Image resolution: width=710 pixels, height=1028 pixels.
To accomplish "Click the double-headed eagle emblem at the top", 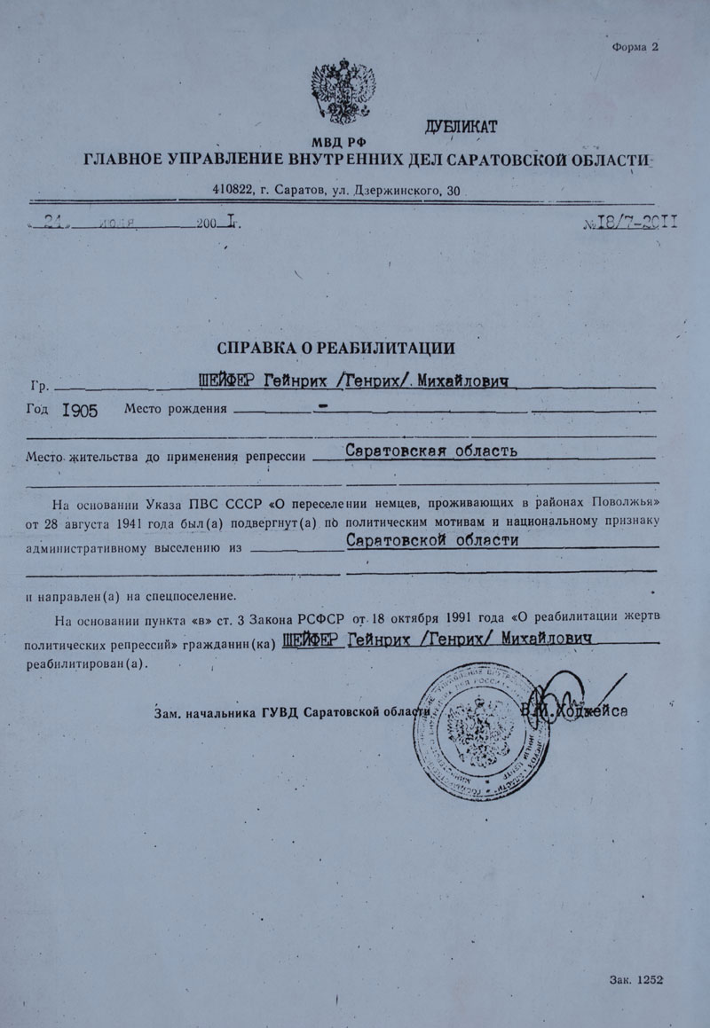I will (337, 91).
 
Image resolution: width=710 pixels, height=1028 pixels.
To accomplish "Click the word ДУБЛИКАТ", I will (462, 126).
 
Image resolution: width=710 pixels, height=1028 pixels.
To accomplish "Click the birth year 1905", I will (81, 410).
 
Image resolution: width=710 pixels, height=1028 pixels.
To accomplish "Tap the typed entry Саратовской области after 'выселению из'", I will (432, 541).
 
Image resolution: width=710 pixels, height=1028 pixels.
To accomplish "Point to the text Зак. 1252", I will (637, 979).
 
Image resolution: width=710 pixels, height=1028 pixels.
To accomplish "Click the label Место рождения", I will (176, 410).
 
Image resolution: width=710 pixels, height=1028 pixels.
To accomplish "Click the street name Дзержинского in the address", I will (396, 190).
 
